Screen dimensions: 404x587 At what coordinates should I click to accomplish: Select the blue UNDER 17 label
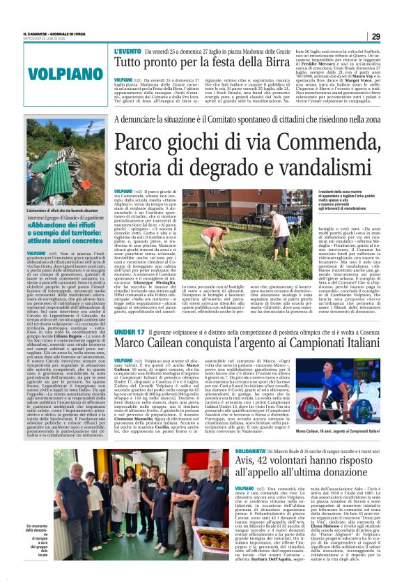pyautogui.click(x=130, y=332)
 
